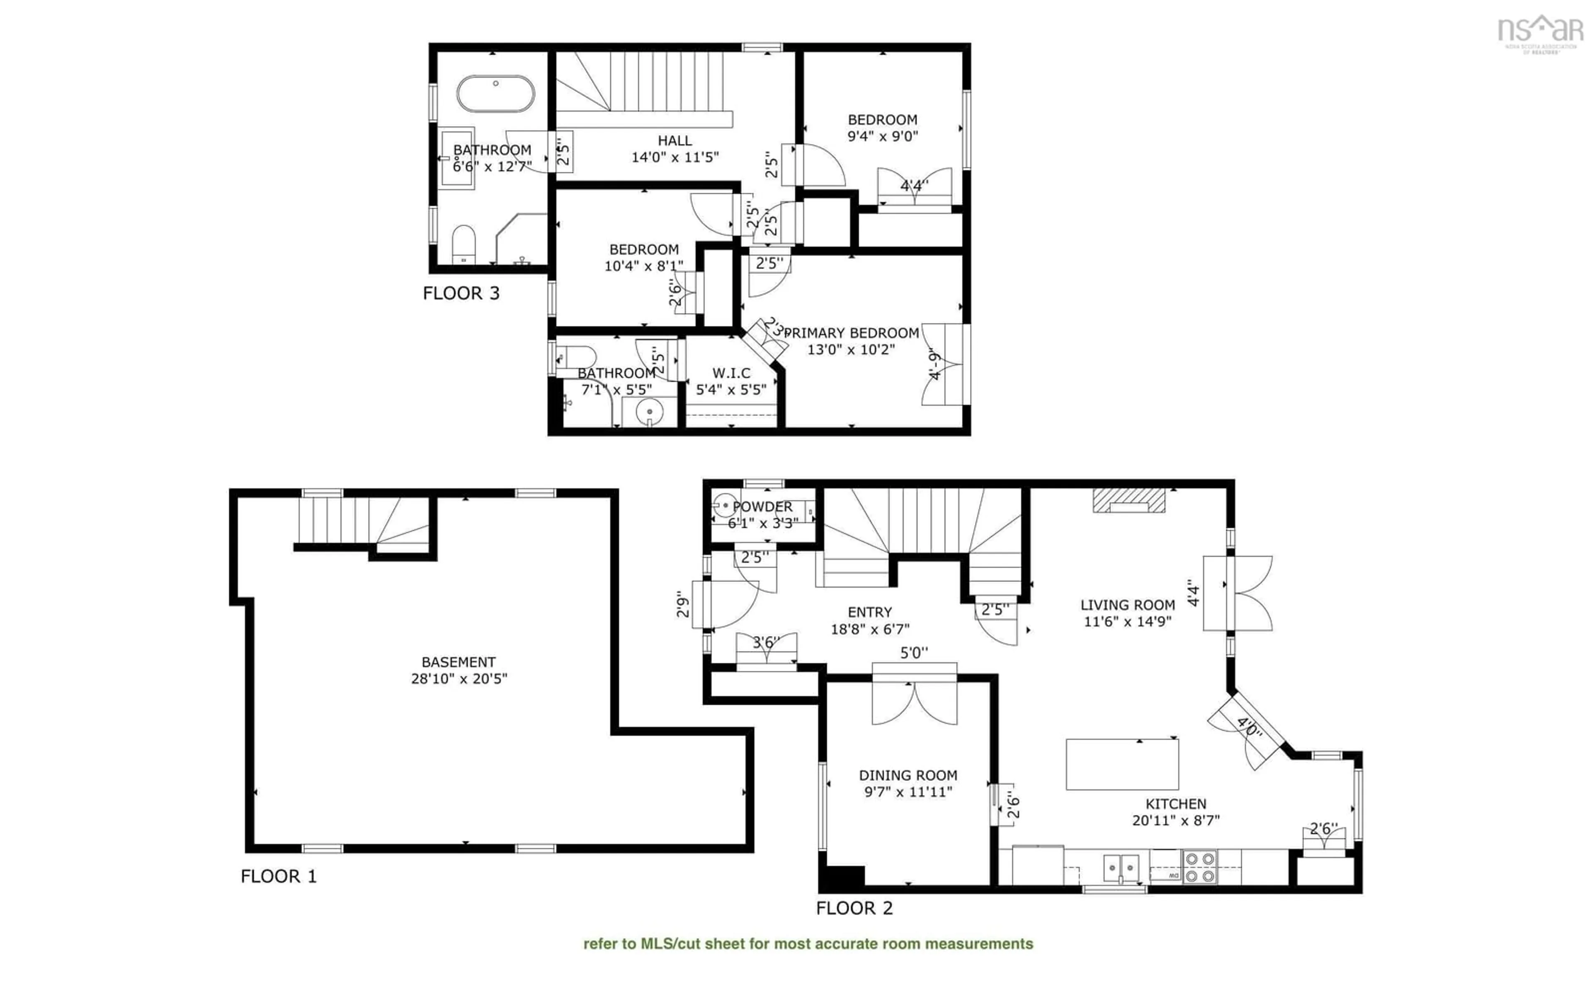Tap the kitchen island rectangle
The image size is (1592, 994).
pos(1121,764)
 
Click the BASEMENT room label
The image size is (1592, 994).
pos(459,662)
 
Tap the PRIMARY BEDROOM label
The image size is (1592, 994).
pos(851,333)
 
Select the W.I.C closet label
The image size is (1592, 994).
pos(731,373)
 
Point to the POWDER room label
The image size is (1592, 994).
pos(762,507)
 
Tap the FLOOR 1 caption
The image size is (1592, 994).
pos(278,876)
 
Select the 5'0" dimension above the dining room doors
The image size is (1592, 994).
pos(914,653)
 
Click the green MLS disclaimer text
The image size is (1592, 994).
pos(808,944)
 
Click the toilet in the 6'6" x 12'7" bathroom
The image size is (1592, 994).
pos(464,243)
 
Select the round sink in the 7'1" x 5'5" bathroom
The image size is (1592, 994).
pos(649,412)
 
